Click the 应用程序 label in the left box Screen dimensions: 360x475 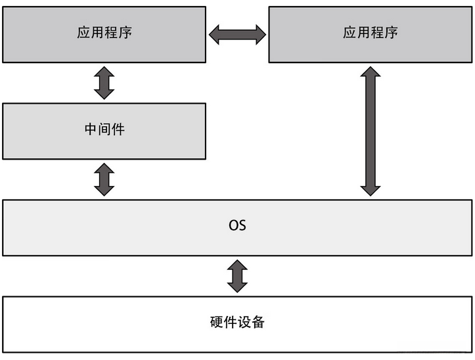(104, 33)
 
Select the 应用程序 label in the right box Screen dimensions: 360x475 (371, 33)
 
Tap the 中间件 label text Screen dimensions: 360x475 (104, 129)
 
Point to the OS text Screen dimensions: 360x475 (237, 225)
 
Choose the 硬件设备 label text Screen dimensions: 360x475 (237, 323)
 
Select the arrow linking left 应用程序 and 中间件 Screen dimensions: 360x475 (104, 83)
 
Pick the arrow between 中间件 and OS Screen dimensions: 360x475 (104, 179)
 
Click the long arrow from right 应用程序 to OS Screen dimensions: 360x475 (371, 131)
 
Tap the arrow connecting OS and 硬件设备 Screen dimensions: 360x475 (237, 276)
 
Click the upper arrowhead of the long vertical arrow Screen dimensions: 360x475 (371, 74)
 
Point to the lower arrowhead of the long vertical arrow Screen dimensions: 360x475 (371, 189)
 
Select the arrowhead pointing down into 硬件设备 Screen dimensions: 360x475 (237, 287)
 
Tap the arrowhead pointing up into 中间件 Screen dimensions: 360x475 (104, 169)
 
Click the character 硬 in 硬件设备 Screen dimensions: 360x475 (216, 323)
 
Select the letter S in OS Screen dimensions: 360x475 (242, 225)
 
